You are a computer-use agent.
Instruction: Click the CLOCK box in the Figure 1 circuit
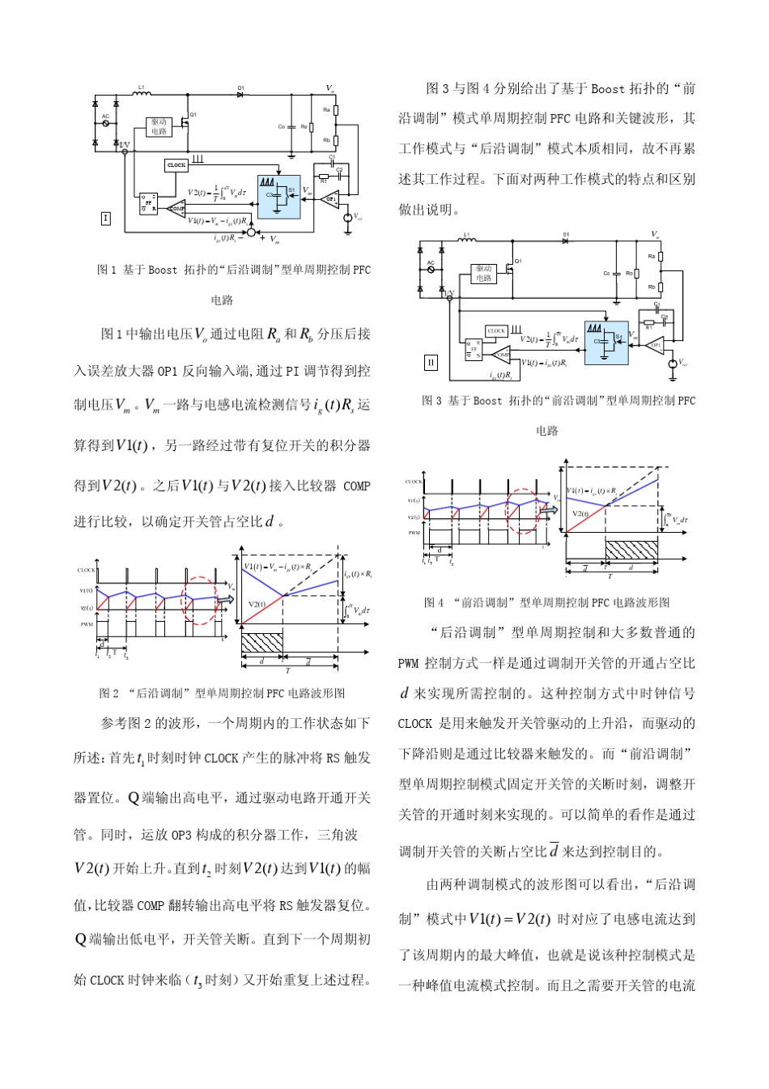(176, 164)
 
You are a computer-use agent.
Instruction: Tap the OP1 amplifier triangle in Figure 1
(329, 198)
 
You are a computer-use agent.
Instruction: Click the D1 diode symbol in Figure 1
(240, 94)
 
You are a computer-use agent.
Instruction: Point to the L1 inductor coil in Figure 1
(142, 93)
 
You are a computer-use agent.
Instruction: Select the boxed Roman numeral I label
(105, 218)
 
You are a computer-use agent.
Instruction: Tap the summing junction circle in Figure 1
(251, 233)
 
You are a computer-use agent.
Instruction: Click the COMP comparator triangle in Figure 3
(502, 355)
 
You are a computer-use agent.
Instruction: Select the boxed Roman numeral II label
(431, 363)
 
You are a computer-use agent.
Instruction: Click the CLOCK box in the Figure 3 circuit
(496, 330)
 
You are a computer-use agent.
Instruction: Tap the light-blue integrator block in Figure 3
(606, 342)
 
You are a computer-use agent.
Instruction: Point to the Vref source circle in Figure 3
(672, 364)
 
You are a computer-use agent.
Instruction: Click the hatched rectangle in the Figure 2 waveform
(261, 643)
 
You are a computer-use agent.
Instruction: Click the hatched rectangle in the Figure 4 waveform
(631, 550)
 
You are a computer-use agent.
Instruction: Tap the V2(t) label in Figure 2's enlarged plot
(257, 604)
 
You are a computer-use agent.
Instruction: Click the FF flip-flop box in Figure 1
(148, 202)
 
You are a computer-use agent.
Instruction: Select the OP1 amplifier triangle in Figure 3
(656, 345)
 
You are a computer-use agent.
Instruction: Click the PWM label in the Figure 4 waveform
(414, 533)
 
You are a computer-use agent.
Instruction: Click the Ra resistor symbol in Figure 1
(336, 109)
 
